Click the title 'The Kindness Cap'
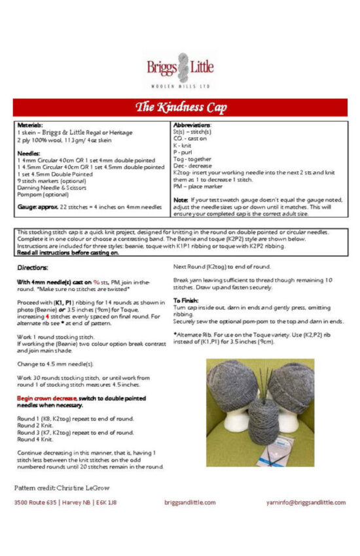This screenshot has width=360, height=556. (x=180, y=107)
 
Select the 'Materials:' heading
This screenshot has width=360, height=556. (x=30, y=124)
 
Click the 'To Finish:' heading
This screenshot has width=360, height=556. (x=187, y=298)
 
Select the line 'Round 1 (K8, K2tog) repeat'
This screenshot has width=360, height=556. (x=75, y=418)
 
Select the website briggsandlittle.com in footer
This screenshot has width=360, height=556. (x=190, y=502)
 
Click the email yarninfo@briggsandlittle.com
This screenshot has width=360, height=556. (x=306, y=502)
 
